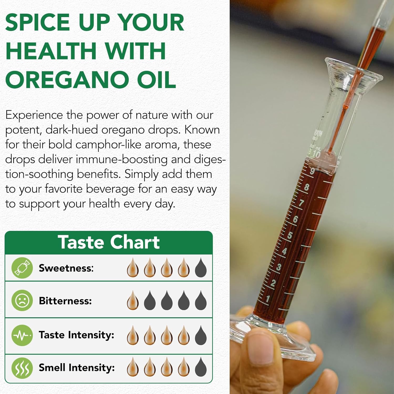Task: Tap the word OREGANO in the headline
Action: click(66, 80)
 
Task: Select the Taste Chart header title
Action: click(108, 242)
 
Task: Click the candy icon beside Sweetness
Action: click(22, 268)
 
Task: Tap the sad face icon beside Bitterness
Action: click(22, 300)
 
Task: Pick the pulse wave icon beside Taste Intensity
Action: click(22, 335)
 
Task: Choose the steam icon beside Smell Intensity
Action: click(22, 368)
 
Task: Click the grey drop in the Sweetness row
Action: click(201, 268)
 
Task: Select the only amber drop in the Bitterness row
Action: click(133, 300)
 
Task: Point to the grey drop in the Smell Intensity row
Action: click(201, 367)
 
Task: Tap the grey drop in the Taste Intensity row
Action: click(201, 335)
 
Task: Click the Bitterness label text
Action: click(65, 301)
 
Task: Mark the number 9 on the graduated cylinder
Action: click(312, 171)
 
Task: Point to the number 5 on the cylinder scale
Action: click(290, 235)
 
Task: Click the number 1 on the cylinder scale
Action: click(268, 299)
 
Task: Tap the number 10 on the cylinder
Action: click(316, 154)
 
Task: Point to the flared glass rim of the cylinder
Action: click(352, 72)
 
